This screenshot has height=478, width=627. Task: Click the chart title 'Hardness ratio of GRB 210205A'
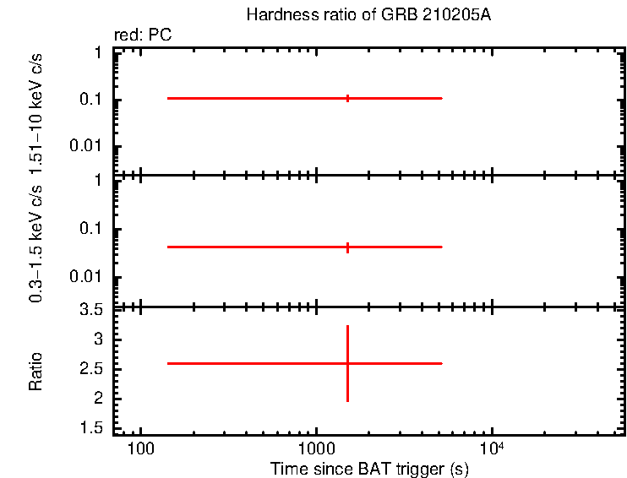pos(368,15)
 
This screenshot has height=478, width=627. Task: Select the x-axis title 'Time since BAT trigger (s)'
pos(368,468)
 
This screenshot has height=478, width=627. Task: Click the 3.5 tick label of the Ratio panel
pos(94,311)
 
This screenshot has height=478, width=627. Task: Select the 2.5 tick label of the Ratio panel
pos(94,369)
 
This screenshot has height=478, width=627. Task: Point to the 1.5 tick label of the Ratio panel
pos(94,428)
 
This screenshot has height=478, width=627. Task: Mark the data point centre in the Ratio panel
pos(347,363)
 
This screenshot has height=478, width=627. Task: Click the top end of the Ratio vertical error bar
pos(347,325)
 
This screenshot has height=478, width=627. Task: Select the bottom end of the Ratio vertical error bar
pos(347,401)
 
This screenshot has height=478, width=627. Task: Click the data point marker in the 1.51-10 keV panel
pos(347,98)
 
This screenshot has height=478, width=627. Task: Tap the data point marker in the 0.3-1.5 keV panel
pos(347,247)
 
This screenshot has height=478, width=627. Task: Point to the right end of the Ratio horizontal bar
pos(442,363)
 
